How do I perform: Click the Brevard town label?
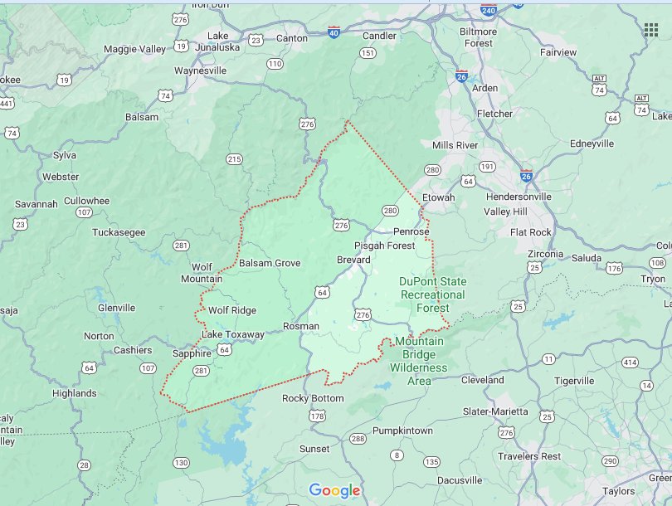[x=353, y=260]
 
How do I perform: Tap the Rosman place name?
[x=300, y=326]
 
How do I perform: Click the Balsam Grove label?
[x=269, y=263]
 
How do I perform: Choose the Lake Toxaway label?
[x=232, y=334]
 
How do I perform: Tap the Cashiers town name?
[x=133, y=350]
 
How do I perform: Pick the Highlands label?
[x=74, y=393]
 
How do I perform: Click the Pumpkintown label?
[x=402, y=431]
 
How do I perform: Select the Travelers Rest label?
[x=529, y=456]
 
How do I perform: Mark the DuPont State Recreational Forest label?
[x=432, y=294]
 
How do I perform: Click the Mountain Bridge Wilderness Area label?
[x=419, y=361]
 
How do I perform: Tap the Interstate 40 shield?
[x=334, y=32]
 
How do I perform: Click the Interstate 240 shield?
[x=488, y=11]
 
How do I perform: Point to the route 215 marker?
[x=234, y=159]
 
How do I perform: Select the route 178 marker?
[x=317, y=416]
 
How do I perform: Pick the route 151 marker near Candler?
[x=368, y=53]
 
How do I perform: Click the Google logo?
[x=335, y=490]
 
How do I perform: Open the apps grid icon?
[x=651, y=30]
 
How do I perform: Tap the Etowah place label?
[x=439, y=197]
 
